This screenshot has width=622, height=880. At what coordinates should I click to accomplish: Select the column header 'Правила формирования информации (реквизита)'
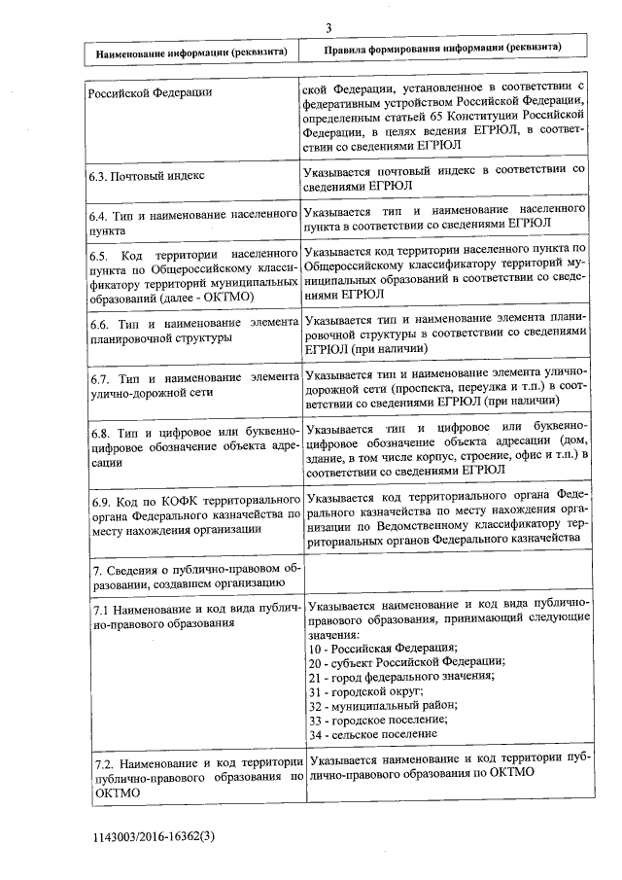[442, 48]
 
